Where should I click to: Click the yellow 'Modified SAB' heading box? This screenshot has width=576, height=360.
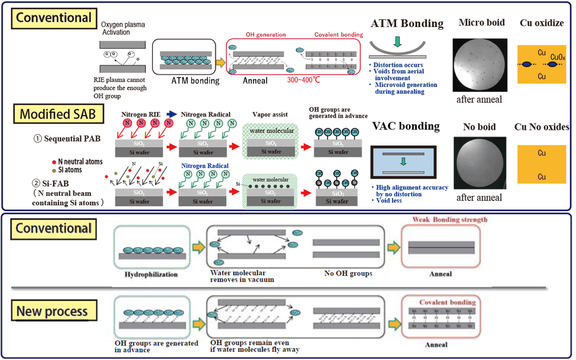(57, 114)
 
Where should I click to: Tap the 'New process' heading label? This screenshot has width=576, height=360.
(52, 311)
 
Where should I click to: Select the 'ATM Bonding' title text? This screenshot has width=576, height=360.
(407, 24)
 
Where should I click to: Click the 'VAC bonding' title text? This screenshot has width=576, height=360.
(406, 126)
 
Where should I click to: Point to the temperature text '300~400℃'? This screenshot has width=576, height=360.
(303, 80)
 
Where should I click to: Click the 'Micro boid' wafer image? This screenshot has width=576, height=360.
(480, 65)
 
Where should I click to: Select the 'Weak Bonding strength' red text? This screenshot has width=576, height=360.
(449, 220)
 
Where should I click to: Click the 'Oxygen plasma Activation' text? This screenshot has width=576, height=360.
(123, 28)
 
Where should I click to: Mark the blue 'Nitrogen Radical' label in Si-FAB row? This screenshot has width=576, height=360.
(205, 166)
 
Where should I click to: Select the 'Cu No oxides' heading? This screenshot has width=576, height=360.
(541, 127)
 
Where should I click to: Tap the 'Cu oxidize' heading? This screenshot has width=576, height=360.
(541, 23)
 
